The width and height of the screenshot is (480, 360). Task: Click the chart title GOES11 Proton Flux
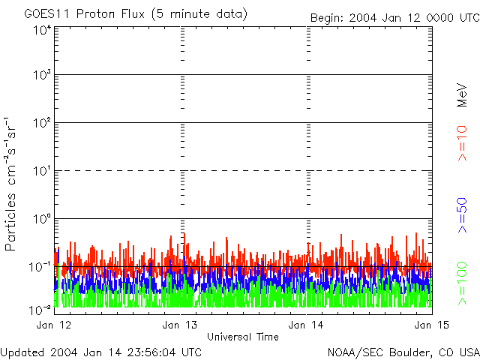135,14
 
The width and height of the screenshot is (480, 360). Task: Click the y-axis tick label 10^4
42,29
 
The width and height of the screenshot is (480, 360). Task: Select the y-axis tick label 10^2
42,124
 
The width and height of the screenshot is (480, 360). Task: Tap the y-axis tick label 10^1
42,172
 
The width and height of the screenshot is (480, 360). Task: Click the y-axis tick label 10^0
42,220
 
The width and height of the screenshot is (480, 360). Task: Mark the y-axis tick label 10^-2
41,309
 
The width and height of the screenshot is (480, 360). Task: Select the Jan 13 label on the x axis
180,325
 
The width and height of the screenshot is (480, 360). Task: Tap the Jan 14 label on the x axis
306,325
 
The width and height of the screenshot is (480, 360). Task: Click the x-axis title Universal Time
243,337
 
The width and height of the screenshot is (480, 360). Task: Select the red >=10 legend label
463,143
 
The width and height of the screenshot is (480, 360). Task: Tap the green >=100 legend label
463,281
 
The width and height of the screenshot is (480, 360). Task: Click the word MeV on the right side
463,94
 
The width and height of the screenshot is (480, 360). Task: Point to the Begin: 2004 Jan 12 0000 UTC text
394,17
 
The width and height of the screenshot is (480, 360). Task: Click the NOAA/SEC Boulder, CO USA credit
403,352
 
